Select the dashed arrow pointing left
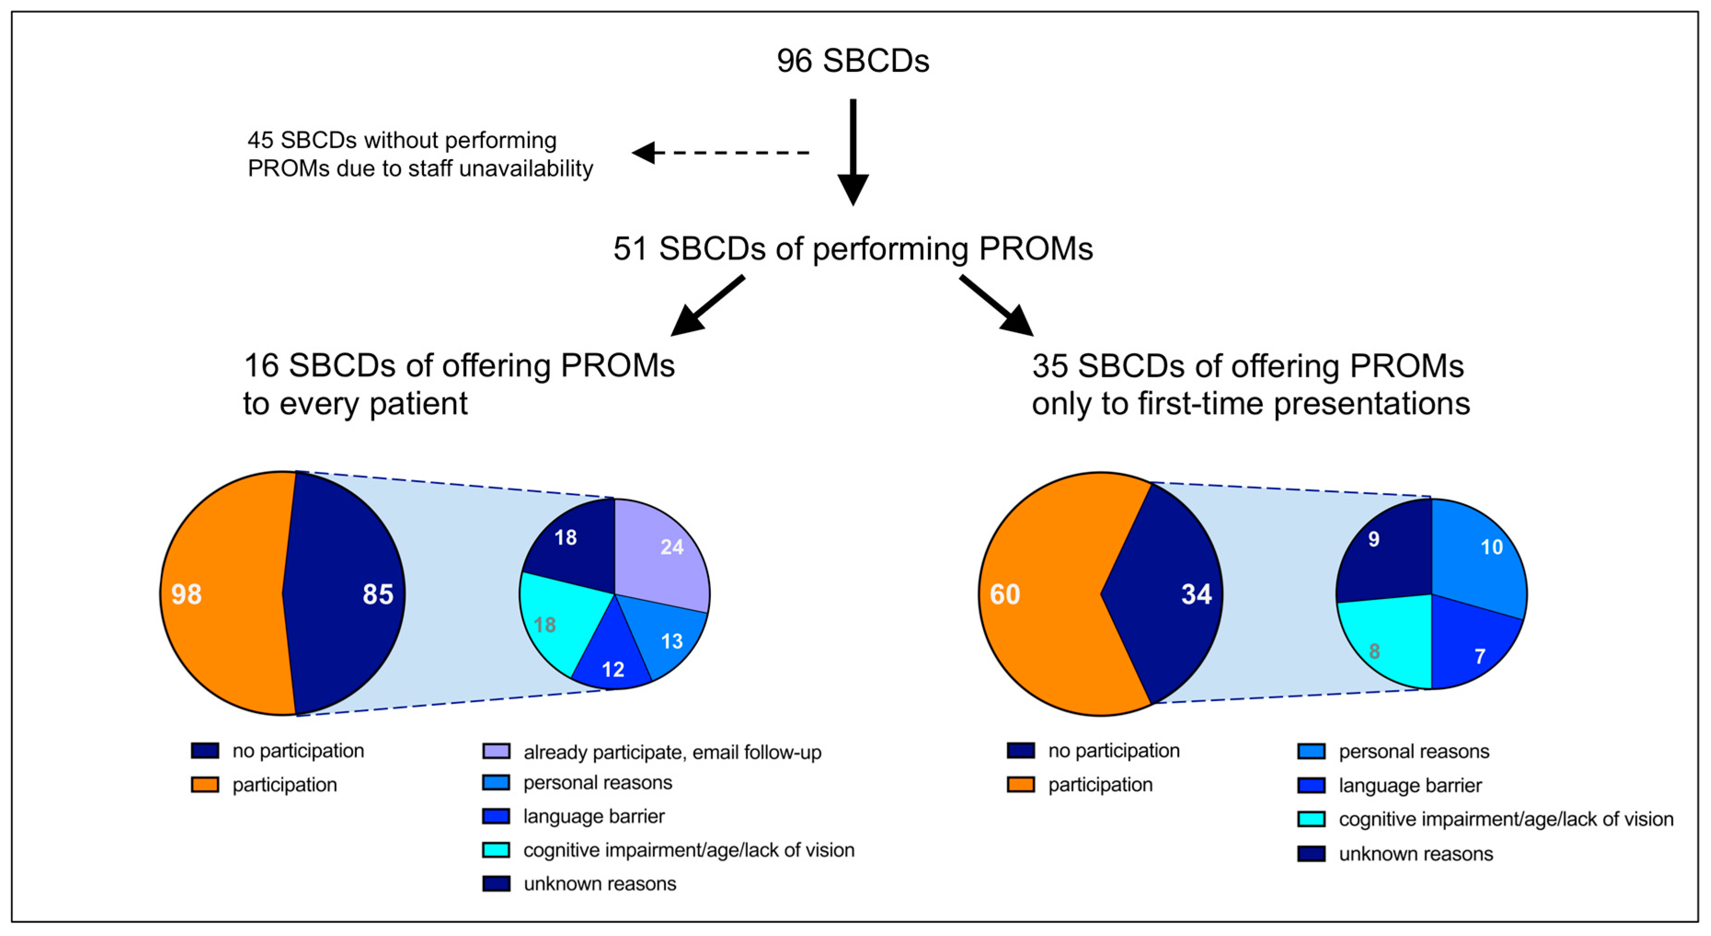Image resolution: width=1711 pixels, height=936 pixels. coord(721,153)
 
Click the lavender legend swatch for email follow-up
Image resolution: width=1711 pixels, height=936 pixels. coord(496,751)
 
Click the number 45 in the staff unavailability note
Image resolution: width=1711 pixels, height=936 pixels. coord(260,140)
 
